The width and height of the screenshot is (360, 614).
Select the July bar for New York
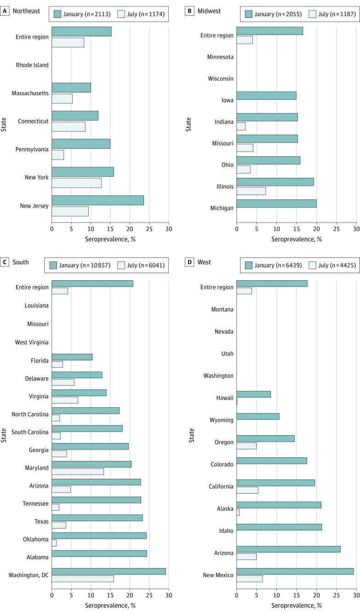pyautogui.click(x=76, y=183)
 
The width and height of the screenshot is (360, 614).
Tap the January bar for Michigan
pyautogui.click(x=276, y=204)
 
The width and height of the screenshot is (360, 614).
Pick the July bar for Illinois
pyautogui.click(x=251, y=191)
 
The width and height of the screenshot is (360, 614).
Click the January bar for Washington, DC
pyautogui.click(x=109, y=571)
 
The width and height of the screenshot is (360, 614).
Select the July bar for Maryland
pyautogui.click(x=78, y=472)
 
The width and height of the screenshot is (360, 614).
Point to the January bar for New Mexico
pyautogui.click(x=295, y=571)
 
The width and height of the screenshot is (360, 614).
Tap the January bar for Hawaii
pyautogui.click(x=253, y=394)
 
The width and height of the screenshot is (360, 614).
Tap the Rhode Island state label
pyautogui.click(x=32, y=65)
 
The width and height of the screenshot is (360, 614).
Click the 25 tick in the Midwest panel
pyautogui.click(x=336, y=229)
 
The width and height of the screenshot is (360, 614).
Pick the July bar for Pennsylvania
pyautogui.click(x=57, y=155)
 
